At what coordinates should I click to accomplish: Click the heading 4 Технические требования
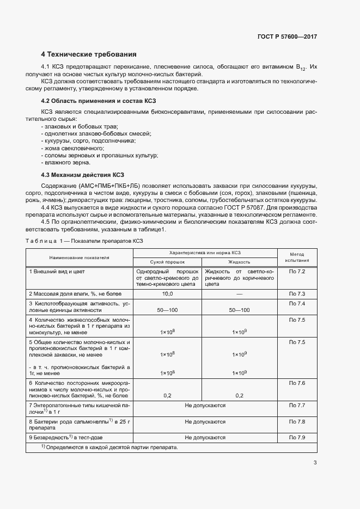89,54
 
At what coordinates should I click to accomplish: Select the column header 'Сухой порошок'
168,261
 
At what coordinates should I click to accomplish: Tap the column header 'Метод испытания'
296,257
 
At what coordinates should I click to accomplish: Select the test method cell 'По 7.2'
297,271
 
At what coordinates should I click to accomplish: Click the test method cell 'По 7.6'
297,384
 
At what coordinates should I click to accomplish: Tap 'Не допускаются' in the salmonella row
205,422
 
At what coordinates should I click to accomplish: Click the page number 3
315,463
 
